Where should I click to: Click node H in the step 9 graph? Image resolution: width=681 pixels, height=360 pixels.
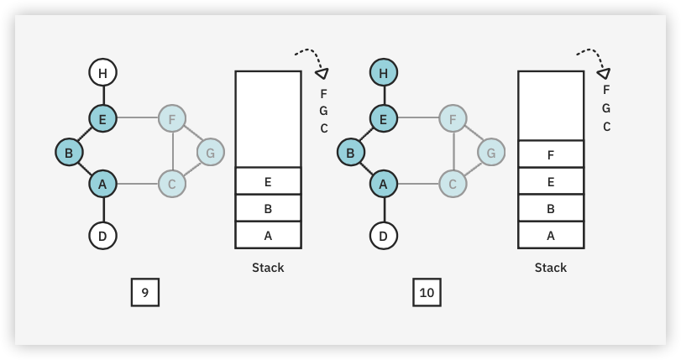click(102, 73)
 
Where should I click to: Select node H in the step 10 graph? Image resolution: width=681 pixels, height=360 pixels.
click(384, 73)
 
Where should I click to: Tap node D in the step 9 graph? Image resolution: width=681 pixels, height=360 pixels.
click(102, 236)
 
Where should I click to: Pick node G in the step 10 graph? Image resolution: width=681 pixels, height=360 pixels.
click(491, 153)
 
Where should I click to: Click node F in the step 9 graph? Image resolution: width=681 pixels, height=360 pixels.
click(171, 119)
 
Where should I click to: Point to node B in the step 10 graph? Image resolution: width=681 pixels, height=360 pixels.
click(350, 153)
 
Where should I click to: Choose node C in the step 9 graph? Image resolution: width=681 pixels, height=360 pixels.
click(171, 182)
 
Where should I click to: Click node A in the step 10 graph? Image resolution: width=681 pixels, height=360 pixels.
click(384, 182)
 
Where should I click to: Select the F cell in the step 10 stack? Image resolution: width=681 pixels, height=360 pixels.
click(551, 154)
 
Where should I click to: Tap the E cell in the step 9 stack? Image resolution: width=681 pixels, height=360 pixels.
click(268, 180)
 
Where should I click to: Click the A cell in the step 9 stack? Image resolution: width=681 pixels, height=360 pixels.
click(268, 235)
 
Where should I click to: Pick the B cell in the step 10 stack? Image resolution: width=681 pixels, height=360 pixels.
click(551, 208)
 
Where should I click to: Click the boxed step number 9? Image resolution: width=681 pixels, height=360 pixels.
click(145, 292)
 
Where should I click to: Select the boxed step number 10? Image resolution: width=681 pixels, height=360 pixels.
click(427, 292)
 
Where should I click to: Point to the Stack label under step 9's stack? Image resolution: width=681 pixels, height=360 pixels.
click(268, 268)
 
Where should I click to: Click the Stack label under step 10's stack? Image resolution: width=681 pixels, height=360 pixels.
click(551, 268)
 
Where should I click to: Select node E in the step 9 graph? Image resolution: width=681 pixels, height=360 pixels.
click(102, 119)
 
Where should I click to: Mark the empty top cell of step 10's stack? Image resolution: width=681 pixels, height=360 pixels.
click(551, 105)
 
